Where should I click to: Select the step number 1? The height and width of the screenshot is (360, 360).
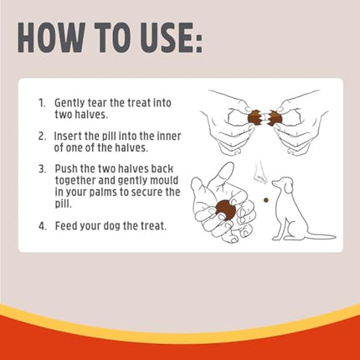(x=42, y=102)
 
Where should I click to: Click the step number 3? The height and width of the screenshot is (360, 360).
(x=43, y=168)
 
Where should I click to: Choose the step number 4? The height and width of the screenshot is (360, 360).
(x=43, y=226)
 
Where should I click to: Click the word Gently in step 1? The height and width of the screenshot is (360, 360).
(x=71, y=102)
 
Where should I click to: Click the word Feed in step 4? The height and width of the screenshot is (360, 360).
(x=67, y=226)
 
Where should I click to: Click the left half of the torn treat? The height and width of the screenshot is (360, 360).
(x=254, y=118)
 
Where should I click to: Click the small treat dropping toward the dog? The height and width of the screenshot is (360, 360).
(x=265, y=199)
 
